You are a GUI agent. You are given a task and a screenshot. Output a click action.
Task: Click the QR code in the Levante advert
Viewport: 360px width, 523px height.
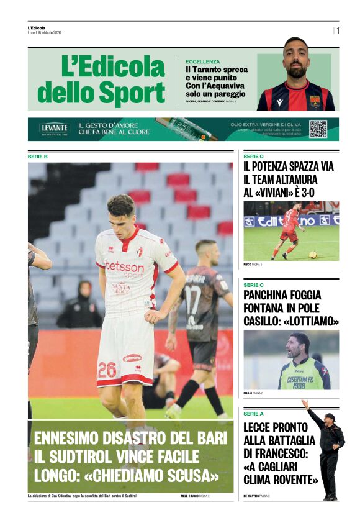(318, 129)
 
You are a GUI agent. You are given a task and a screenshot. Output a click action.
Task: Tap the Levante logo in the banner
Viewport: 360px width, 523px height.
(55, 128)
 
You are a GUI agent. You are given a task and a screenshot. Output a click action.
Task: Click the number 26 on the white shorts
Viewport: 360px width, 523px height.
(107, 370)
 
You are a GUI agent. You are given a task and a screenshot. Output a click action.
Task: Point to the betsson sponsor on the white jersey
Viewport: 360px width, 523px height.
(124, 267)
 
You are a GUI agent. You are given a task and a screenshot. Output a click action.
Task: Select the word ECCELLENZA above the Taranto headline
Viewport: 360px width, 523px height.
(203, 61)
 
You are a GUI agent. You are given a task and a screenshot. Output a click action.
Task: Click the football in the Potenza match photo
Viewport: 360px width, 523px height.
(313, 254)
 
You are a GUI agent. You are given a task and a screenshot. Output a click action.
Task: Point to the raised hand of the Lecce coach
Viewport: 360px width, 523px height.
(305, 404)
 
